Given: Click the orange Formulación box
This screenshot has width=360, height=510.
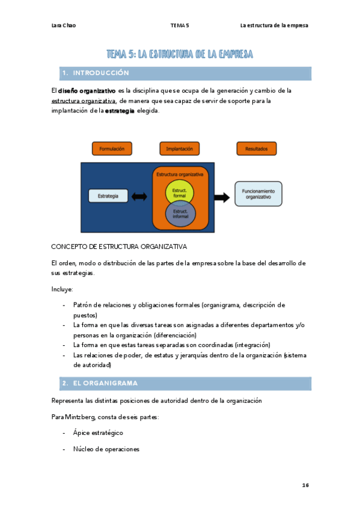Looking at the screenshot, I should tap(112, 148).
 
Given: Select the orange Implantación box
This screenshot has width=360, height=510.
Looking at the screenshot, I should tap(179, 148).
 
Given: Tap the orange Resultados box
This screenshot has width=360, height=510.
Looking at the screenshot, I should tap(257, 148).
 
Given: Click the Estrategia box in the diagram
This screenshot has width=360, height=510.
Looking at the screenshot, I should tap(108, 195).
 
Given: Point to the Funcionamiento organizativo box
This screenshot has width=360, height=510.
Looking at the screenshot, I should tap(258, 194).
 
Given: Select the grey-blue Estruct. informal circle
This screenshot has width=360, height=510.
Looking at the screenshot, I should tap(180, 214).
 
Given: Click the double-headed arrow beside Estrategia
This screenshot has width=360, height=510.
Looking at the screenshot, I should tap(139, 196).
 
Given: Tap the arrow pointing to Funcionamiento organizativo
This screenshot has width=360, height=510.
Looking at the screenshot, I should tap(221, 197).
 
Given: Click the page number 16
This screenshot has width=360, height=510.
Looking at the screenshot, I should tap(305, 485).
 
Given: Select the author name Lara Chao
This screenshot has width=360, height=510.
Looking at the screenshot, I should tap(64, 25).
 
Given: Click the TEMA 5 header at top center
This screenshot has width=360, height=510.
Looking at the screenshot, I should tap(179, 25).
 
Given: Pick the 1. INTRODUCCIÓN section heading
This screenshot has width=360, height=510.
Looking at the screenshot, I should tap(96, 73).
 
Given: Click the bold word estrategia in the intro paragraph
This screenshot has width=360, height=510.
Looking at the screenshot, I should tap(120, 111).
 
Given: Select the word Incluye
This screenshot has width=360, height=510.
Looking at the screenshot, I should tap(62, 289).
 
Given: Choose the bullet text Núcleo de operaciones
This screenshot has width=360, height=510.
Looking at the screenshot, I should tap(106, 449).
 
